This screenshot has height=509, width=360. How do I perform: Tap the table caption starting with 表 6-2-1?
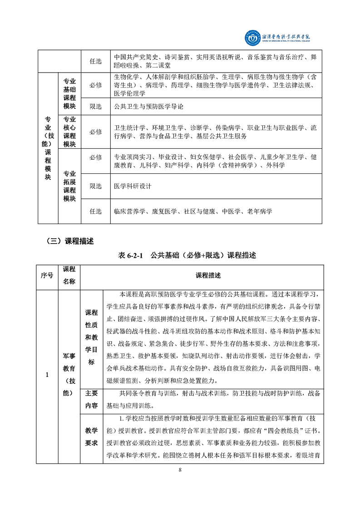click(x=187, y=255)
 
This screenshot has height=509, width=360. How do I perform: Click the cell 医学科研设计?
click(x=133, y=186)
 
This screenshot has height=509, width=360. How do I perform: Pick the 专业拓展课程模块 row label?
click(x=69, y=186)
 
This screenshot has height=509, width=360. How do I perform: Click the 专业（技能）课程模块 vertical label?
click(x=48, y=148)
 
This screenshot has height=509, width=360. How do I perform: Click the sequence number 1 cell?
click(x=47, y=374)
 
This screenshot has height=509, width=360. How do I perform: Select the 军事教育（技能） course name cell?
click(x=69, y=374)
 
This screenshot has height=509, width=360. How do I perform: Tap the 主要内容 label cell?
click(x=91, y=399)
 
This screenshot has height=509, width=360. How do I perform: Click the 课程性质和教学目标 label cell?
click(x=91, y=338)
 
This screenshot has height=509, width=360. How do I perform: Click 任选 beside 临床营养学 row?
click(x=95, y=211)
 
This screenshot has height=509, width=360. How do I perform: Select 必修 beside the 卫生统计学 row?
click(x=95, y=132)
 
